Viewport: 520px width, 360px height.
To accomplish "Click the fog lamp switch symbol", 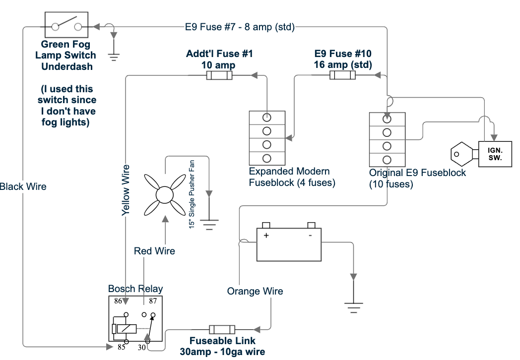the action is (66, 25).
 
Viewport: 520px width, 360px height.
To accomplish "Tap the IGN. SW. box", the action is (495, 154).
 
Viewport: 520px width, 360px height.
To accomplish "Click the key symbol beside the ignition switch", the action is (464, 154).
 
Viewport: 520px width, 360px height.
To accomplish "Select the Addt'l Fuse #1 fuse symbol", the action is (219, 75).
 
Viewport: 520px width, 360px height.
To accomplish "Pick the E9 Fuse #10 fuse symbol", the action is (342, 75).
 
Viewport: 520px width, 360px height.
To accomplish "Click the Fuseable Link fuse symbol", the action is (222, 329).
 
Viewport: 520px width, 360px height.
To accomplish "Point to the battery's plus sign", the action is (266, 236).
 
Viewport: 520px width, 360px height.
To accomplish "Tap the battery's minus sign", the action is (311, 236).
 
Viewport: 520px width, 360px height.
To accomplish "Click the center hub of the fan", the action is (165, 195).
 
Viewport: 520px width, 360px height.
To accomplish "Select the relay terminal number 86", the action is (118, 301).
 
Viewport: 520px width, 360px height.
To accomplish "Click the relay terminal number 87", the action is (152, 301).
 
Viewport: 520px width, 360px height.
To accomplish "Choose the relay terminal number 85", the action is (122, 347).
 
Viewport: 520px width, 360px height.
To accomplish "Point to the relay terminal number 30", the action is (141, 348).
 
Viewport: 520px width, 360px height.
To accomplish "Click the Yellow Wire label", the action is (126, 190).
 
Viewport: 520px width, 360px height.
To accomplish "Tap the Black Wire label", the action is (23, 186).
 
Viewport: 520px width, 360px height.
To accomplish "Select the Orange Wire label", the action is (255, 291).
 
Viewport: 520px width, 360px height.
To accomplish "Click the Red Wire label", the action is (154, 251).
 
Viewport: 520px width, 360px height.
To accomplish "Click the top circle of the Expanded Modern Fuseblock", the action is (266, 118).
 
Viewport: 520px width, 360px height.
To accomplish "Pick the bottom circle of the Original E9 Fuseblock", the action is (387, 160).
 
